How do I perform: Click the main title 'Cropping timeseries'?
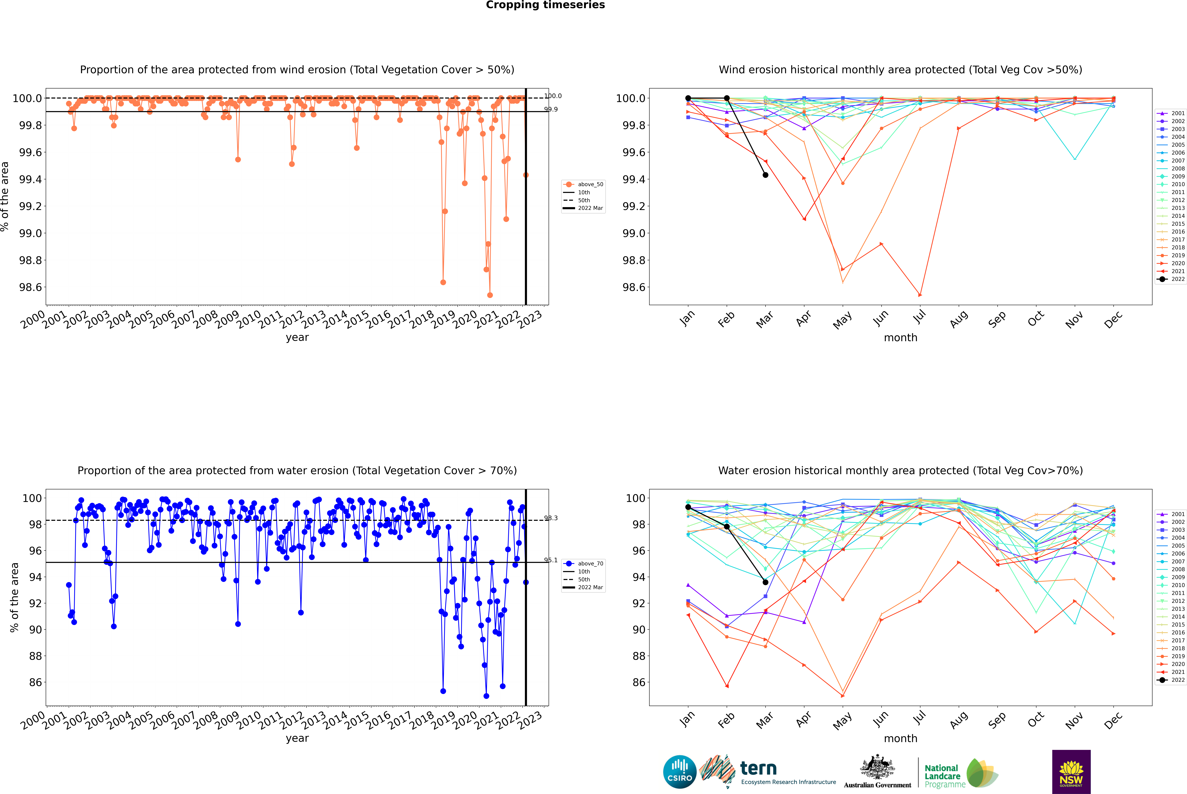(x=545, y=5)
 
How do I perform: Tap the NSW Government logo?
(x=1071, y=771)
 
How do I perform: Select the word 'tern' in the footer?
(x=758, y=768)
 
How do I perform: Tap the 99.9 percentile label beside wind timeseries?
(x=551, y=109)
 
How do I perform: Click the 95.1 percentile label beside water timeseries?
(x=551, y=560)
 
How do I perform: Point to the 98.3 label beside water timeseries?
(x=551, y=518)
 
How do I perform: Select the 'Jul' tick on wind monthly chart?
(x=919, y=317)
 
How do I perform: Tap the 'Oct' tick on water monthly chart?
(x=1035, y=719)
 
